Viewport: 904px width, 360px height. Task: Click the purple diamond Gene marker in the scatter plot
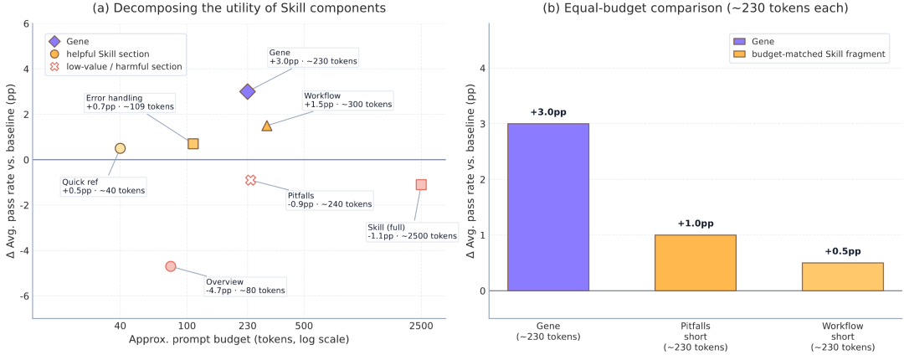click(x=248, y=91)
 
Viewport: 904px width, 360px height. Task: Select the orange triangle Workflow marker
click(x=267, y=126)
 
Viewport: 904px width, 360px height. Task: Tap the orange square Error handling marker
click(x=193, y=144)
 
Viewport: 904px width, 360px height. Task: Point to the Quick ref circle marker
click(x=121, y=148)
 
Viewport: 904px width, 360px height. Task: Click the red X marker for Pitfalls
click(x=250, y=180)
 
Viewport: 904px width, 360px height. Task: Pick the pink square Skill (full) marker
click(x=421, y=184)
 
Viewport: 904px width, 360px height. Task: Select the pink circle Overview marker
click(x=171, y=266)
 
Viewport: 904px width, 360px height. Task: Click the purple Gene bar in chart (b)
click(x=548, y=207)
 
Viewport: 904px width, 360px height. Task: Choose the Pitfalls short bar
click(x=695, y=263)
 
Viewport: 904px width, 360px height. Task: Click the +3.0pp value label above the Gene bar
click(x=548, y=112)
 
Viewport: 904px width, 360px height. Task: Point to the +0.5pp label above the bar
click(x=842, y=251)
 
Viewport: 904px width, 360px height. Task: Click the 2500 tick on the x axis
click(x=421, y=325)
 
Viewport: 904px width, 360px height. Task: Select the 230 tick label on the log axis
click(x=248, y=325)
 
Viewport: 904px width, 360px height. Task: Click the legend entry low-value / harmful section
click(x=122, y=66)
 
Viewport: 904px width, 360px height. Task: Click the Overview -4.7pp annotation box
click(x=245, y=285)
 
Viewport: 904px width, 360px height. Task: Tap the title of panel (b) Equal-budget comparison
click(x=694, y=9)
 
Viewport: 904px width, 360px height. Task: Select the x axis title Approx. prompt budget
click(x=239, y=340)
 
